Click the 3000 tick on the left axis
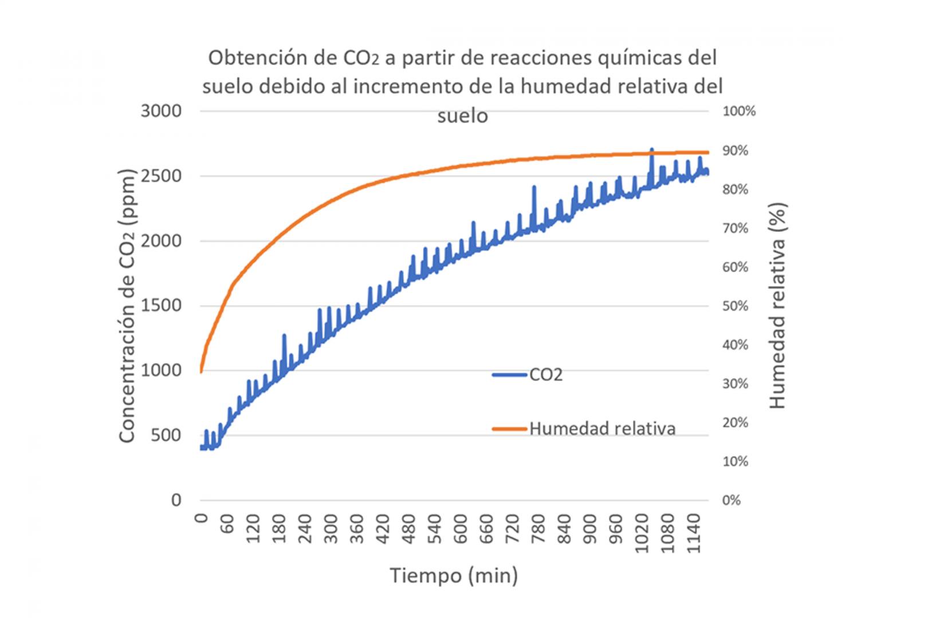coord(161,111)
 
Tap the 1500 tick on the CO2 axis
coord(161,306)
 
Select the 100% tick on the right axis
coord(739,111)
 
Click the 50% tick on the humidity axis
coord(735,306)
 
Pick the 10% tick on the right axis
coord(735,461)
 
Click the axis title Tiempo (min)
coord(454,575)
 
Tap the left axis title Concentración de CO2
coord(127,306)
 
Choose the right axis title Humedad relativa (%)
coord(777,306)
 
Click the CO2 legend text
coord(546,375)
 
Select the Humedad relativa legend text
coord(602,429)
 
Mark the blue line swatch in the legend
coord(509,375)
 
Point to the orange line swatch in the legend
coord(509,429)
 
